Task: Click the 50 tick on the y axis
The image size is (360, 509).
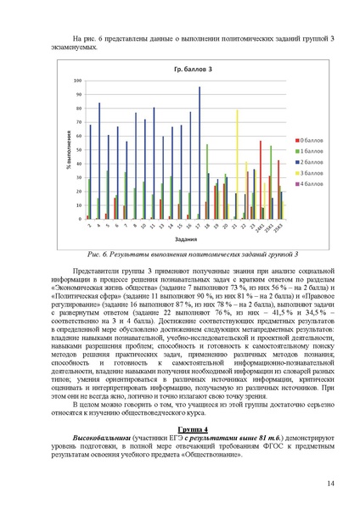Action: [79, 150]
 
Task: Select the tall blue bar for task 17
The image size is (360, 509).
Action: [200, 153]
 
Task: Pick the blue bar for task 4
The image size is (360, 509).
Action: [99, 161]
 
